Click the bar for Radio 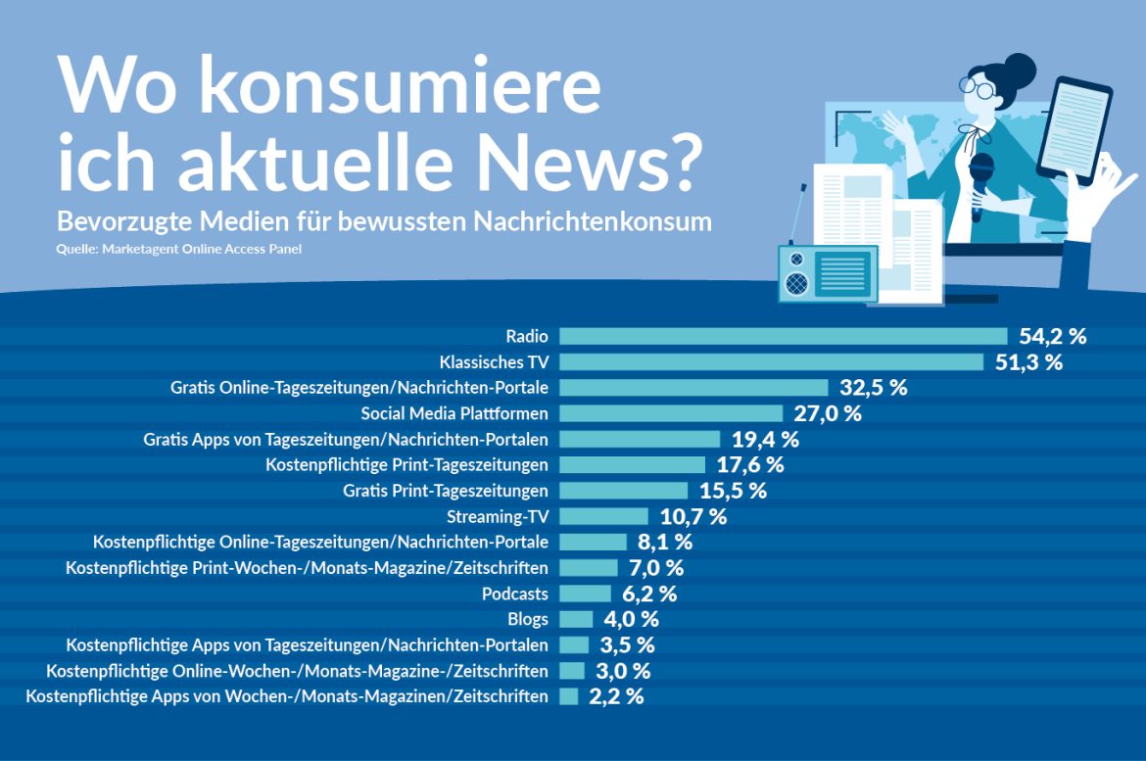[x=783, y=336]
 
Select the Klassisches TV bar [x=771, y=361]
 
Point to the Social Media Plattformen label [x=454, y=413]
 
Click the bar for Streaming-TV [x=603, y=516]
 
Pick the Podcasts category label [x=515, y=594]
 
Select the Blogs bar [x=576, y=619]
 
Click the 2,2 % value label [x=616, y=696]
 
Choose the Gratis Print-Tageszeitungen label [x=446, y=490]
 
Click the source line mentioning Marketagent [x=179, y=249]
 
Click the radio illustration [x=827, y=273]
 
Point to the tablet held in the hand [x=1074, y=130]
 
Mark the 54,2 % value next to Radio [x=1052, y=336]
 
